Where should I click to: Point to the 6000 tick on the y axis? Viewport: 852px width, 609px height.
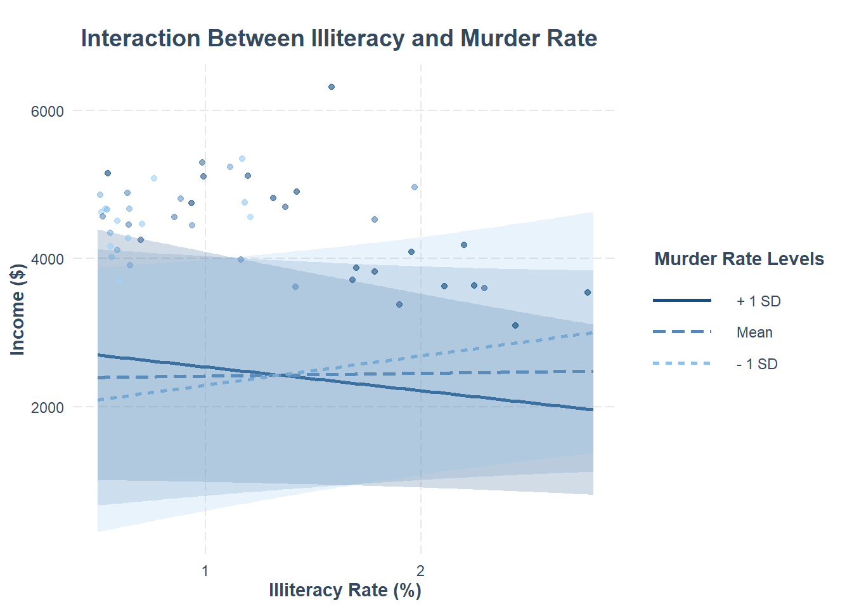click(x=48, y=111)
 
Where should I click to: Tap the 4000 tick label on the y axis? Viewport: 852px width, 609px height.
click(x=48, y=259)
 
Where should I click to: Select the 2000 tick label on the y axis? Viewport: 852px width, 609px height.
click(x=48, y=407)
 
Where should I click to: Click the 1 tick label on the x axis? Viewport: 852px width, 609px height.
click(x=205, y=570)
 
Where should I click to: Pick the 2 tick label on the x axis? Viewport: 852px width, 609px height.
click(x=420, y=570)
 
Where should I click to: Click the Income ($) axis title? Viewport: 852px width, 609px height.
click(x=18, y=309)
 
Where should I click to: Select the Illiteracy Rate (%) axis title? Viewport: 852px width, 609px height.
click(x=345, y=591)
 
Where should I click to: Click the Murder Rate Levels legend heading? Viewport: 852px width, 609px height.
click(x=739, y=259)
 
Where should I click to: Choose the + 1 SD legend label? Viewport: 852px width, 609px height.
click(x=758, y=301)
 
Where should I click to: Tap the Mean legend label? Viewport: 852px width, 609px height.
click(x=754, y=332)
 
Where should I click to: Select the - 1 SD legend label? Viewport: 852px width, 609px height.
click(x=757, y=364)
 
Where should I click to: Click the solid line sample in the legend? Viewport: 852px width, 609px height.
click(x=682, y=301)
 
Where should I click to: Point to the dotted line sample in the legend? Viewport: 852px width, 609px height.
click(x=682, y=363)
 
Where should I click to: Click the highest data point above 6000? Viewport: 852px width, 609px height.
click(x=332, y=87)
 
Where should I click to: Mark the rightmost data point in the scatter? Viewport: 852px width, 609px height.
click(x=588, y=292)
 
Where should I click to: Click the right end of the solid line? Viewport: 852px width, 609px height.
click(x=591, y=410)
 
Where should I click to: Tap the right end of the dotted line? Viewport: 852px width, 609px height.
click(x=591, y=332)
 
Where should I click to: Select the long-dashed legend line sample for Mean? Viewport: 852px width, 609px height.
click(x=682, y=332)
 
